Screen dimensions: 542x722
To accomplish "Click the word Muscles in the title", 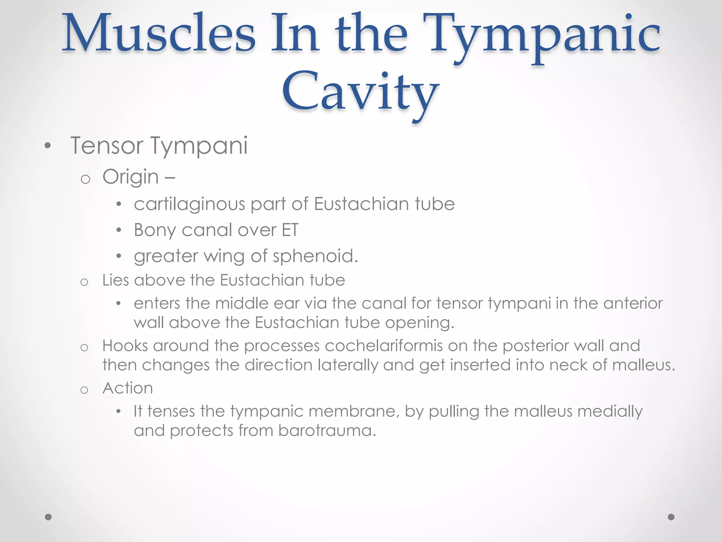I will [x=159, y=34].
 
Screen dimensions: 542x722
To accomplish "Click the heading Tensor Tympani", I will [x=159, y=146].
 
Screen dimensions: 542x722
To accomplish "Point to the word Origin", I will [x=130, y=177].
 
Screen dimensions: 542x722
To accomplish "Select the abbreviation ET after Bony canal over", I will [x=290, y=230].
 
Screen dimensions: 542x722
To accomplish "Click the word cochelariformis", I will [x=384, y=346].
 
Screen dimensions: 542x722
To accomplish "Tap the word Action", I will [x=128, y=389].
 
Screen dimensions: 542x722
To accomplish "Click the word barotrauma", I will [x=326, y=431].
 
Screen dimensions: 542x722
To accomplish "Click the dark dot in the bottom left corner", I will [x=49, y=517].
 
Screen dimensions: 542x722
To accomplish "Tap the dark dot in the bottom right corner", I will [x=671, y=517].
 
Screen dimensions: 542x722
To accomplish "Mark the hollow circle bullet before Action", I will [x=84, y=390].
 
